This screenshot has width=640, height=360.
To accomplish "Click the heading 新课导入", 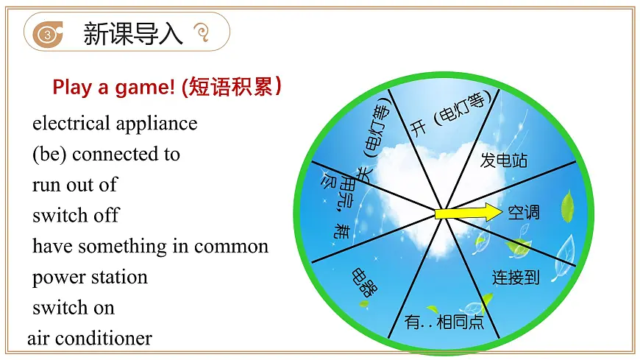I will (133, 33).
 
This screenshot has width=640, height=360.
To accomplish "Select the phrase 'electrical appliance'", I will (115, 123).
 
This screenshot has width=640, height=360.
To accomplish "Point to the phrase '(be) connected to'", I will (106, 154).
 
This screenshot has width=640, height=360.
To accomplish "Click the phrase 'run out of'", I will (74, 185).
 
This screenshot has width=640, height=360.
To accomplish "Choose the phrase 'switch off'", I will (76, 216).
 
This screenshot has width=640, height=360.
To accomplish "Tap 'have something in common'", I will (150, 247).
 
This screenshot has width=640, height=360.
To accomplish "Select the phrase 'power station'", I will (90, 278).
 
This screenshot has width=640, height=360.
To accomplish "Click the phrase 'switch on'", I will (74, 308).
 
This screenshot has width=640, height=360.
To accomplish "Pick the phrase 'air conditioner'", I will (90, 339).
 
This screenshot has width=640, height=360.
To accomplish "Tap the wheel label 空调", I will (524, 212).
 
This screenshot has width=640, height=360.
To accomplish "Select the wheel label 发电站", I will (504, 160).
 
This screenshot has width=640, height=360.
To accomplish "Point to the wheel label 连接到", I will (516, 277).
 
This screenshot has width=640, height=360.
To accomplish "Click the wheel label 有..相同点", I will (444, 321).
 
